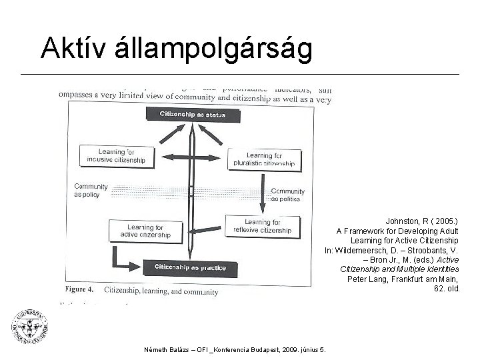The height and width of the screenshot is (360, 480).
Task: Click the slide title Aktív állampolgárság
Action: click(176, 48)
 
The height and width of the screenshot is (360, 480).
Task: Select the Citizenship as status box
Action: click(192, 115)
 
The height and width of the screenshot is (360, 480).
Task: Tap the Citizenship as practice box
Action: click(191, 268)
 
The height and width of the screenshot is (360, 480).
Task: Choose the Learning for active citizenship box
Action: click(145, 231)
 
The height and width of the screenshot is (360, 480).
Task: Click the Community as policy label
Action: click(90, 190)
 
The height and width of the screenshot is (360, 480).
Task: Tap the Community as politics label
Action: click(288, 195)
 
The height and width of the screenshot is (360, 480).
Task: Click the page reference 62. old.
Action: click(447, 289)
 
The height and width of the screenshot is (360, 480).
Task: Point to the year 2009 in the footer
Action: click(292, 348)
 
